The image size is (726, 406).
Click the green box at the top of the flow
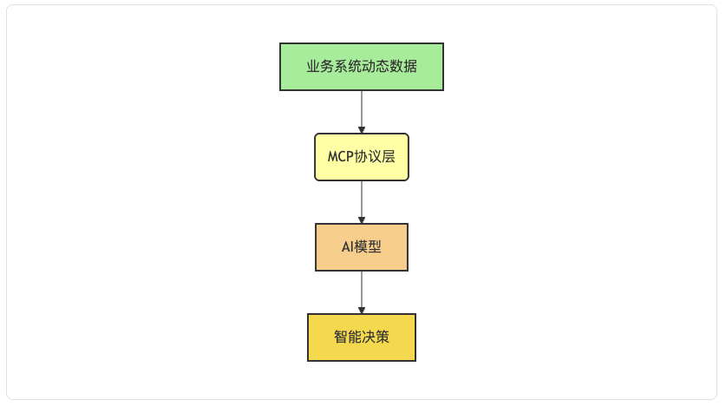(362, 67)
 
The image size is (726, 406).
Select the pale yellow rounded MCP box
(362, 157)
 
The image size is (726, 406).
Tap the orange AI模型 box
(362, 247)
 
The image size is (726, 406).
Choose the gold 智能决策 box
(362, 337)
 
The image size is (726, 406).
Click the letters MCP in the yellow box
(341, 156)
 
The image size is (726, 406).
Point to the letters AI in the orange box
(348, 246)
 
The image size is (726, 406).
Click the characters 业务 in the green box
(320, 66)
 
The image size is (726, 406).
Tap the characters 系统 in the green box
(348, 66)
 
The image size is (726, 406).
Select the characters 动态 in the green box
(376, 66)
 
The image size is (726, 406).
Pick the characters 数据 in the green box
(403, 66)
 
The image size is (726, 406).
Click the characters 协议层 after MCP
(375, 156)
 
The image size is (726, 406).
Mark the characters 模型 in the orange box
(368, 246)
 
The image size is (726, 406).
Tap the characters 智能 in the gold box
(348, 337)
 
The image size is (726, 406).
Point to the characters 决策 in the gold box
(376, 337)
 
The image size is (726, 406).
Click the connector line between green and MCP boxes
(362, 109)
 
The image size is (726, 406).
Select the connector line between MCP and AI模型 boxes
(362, 200)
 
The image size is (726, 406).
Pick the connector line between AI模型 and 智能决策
(362, 290)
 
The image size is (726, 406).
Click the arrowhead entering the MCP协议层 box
(362, 130)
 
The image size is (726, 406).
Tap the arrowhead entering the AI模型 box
(362, 220)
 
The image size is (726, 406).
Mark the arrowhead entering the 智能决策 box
(362, 311)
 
